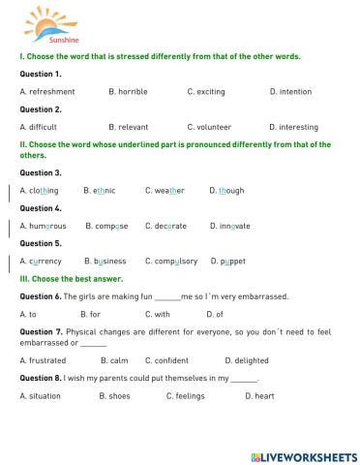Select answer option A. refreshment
pyautogui.click(x=46, y=91)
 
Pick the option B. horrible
pyautogui.click(x=128, y=91)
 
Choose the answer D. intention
pyautogui.click(x=291, y=91)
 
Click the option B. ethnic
pyautogui.click(x=100, y=191)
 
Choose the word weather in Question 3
pyautogui.click(x=165, y=191)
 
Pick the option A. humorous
pyautogui.click(x=44, y=226)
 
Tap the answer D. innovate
pyautogui.click(x=229, y=226)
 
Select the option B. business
pyautogui.click(x=105, y=262)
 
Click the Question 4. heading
pyautogui.click(x=41, y=208)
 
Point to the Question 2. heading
pyautogui.click(x=41, y=109)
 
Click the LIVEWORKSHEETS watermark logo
pyautogui.click(x=303, y=455)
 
